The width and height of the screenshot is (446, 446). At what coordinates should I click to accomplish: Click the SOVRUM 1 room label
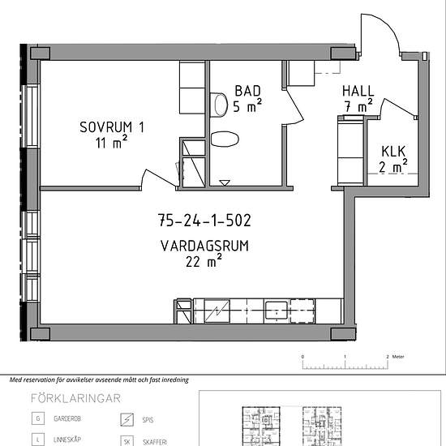[x=112, y=127]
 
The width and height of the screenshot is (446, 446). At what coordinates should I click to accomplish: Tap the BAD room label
[x=248, y=91]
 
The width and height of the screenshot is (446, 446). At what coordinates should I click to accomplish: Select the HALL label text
[x=358, y=92]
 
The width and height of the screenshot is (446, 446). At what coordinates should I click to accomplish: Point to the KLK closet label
[x=393, y=152]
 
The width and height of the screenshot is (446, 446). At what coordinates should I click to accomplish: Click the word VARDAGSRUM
[x=204, y=246]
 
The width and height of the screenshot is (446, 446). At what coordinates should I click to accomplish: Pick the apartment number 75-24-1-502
[x=204, y=221]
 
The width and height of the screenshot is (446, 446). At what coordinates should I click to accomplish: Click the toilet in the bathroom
[x=219, y=105]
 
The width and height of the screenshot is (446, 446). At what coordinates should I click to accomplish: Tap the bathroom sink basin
[x=225, y=139]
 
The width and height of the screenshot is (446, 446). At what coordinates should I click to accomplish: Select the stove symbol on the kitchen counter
[x=217, y=311]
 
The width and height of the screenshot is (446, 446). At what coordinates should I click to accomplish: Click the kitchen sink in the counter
[x=277, y=311]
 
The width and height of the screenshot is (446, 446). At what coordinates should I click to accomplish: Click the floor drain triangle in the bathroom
[x=225, y=183]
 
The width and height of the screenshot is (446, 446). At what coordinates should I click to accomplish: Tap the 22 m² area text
[x=204, y=261]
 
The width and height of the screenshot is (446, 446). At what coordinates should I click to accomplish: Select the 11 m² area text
[x=112, y=142]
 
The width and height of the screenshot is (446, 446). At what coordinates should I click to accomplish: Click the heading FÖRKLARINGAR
[x=75, y=398]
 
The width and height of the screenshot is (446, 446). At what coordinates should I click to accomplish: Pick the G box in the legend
[x=38, y=418]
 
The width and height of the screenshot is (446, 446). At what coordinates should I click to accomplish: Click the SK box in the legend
[x=127, y=441]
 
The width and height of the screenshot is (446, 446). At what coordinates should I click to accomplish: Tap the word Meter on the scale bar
[x=398, y=357]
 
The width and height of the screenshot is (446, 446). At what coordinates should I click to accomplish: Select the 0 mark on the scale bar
[x=302, y=357]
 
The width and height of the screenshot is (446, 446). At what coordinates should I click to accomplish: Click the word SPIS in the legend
[x=148, y=420]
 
